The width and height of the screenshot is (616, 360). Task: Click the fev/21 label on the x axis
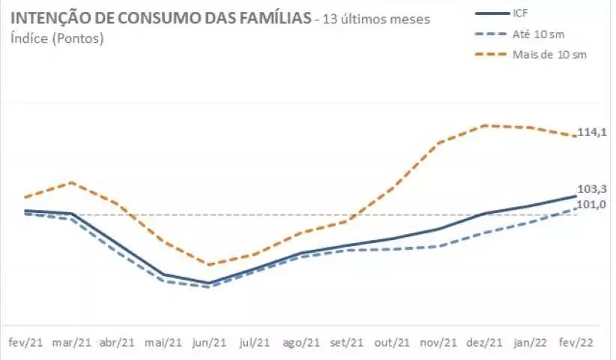25,342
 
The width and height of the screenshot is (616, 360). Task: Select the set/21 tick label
346,342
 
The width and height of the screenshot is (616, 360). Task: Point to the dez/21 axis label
485,342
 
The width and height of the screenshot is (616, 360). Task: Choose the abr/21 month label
118,342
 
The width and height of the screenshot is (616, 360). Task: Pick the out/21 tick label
393,342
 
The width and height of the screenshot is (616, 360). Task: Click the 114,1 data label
591,132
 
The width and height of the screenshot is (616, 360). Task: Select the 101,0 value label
591,205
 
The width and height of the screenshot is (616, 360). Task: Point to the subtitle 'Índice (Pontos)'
57,38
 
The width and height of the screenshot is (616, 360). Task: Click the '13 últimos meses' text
375,19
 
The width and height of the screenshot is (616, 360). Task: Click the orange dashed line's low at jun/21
209,264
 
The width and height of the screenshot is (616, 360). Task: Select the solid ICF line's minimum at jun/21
209,283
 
